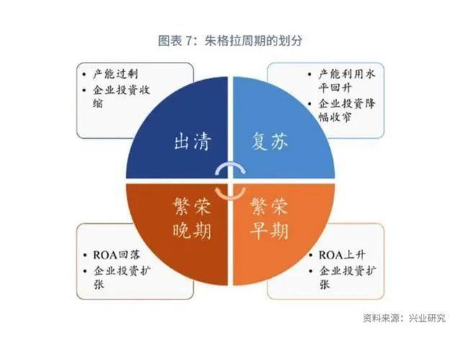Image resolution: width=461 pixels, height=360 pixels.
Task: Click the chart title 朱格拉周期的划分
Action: click(253, 40)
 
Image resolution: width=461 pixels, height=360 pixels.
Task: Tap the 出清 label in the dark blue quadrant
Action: click(192, 142)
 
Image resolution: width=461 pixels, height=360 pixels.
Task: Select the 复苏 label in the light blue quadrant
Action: click(269, 141)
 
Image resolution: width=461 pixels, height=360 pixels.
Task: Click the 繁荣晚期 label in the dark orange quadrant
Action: click(192, 217)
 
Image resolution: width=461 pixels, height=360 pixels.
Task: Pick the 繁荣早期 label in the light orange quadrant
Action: click(269, 217)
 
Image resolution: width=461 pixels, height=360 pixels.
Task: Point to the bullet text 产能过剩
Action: click(115, 74)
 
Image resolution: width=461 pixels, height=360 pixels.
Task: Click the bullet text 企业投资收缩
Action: click(122, 96)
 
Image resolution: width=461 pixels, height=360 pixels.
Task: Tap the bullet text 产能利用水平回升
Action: click(347, 80)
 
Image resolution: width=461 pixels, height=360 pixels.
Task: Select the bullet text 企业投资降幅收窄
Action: click(347, 110)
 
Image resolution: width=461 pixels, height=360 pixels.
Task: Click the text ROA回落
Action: click(117, 255)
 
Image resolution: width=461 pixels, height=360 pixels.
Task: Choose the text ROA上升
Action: click(342, 255)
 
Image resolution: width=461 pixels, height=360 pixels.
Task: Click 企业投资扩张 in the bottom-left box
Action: click(122, 277)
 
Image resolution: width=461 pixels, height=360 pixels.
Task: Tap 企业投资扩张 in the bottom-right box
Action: click(347, 277)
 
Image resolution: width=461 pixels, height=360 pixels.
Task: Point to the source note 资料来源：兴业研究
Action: click(404, 318)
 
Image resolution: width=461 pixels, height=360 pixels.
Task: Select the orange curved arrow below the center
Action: click(230, 194)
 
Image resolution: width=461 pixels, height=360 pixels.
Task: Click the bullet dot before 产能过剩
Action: click(84, 74)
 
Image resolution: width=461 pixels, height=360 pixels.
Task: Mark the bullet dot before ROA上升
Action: click(310, 255)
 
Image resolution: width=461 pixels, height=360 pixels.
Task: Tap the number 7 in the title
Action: click(188, 41)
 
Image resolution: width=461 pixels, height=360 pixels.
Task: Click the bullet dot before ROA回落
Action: click(85, 255)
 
